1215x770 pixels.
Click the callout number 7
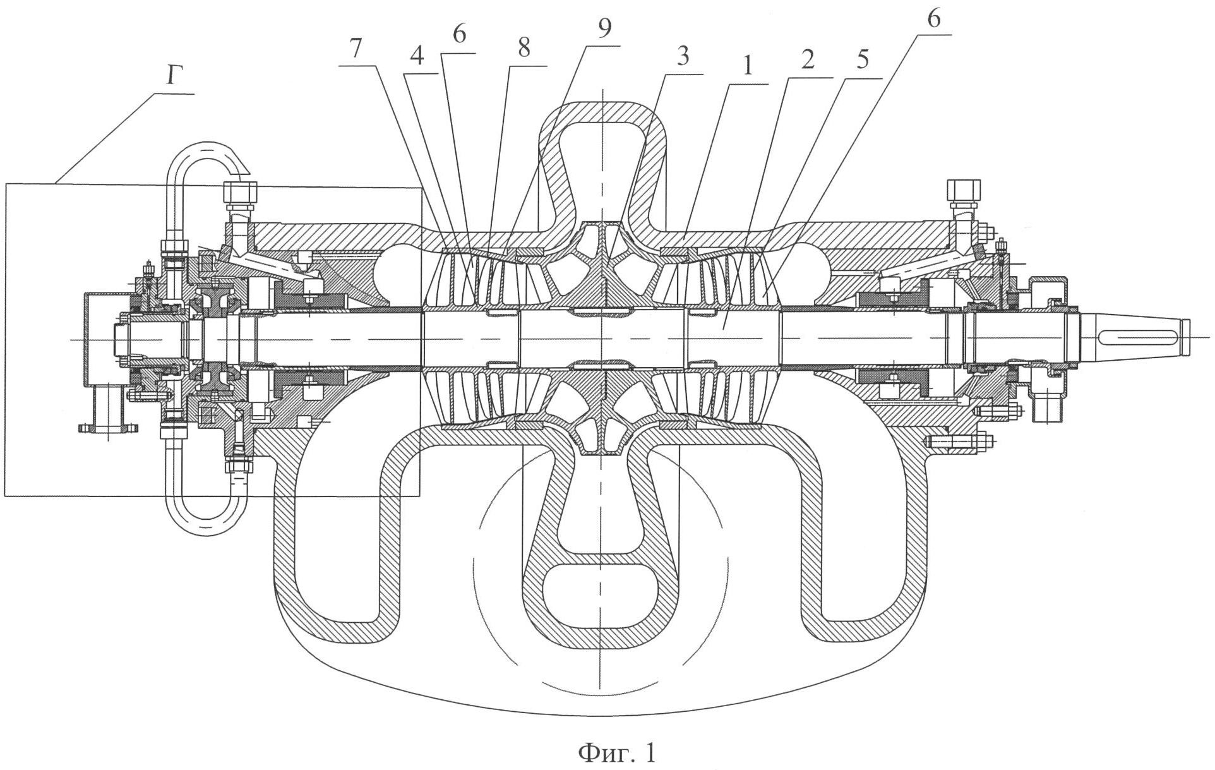tap(357, 51)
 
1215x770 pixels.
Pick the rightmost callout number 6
tap(933, 19)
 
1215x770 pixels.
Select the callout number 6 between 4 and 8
tap(458, 35)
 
